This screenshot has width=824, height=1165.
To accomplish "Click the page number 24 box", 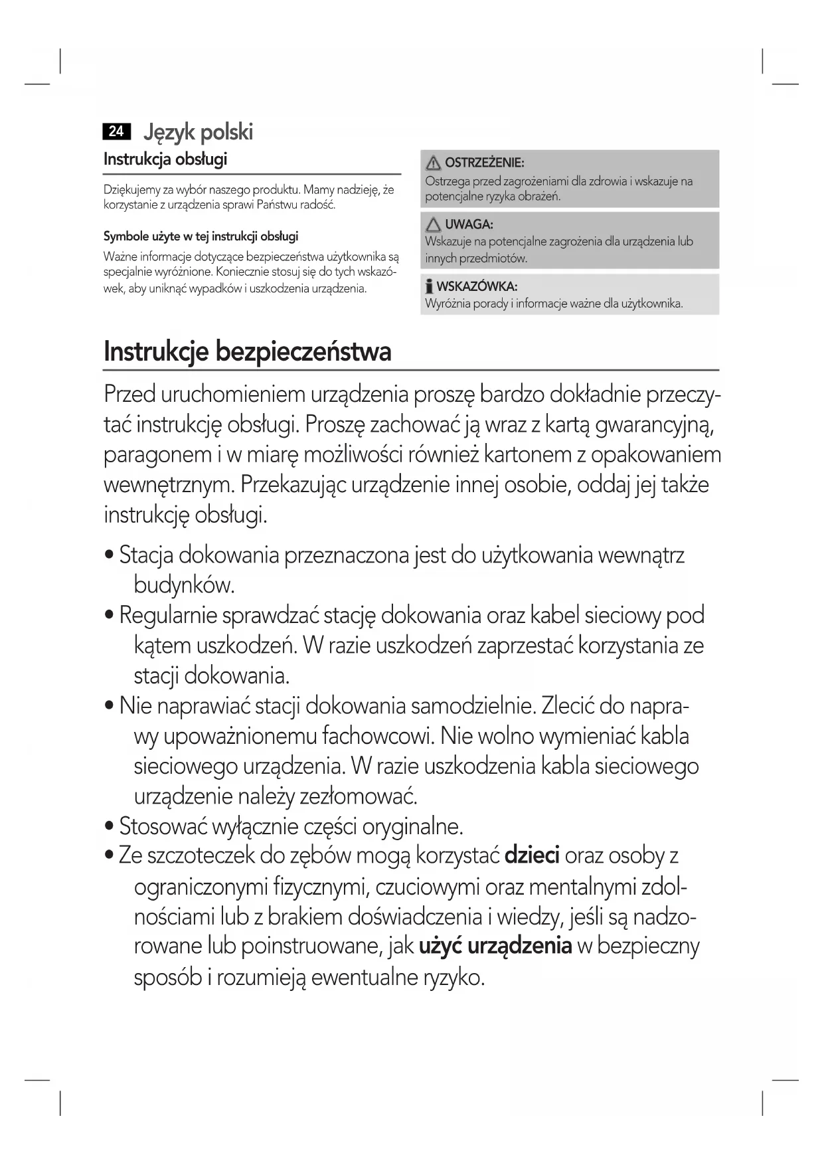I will tap(116, 131).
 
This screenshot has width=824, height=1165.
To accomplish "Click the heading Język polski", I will tap(199, 132).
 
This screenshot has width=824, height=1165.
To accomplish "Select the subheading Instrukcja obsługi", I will tap(165, 159).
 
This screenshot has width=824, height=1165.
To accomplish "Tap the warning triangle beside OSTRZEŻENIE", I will tap(434, 163).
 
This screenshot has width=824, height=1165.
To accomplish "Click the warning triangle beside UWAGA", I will tap(434, 224).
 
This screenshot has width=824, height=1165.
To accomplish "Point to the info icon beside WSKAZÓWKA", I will tap(430, 287).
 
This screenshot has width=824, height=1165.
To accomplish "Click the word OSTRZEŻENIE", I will tap(484, 163).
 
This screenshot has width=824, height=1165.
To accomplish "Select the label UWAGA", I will tap(469, 224).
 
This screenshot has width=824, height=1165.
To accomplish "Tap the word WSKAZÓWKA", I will tap(477, 287).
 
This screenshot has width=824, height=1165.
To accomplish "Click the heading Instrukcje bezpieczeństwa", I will tap(248, 351).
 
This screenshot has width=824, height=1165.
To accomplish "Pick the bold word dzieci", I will tap(533, 855).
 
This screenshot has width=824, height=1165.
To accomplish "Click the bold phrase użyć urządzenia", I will tap(495, 945).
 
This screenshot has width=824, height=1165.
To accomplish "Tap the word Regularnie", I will tap(169, 615).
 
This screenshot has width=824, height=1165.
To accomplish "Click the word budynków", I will tap(185, 585).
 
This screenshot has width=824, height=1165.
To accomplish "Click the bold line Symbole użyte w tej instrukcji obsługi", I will tap(201, 236).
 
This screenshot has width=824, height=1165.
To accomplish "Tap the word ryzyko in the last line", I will tap(452, 977).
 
